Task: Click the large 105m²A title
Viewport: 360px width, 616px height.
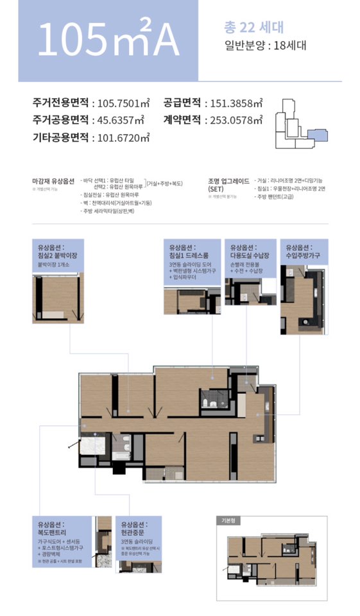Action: [108, 40]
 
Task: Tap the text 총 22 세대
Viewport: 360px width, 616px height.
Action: [253, 28]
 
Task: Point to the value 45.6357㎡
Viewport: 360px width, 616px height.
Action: [118, 120]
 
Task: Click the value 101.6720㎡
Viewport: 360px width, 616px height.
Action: [121, 137]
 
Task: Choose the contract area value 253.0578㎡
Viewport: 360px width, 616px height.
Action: [233, 120]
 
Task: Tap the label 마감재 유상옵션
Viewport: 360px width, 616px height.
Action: [53, 180]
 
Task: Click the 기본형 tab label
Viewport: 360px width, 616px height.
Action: [230, 521]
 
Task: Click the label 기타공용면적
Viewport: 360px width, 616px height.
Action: [62, 137]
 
